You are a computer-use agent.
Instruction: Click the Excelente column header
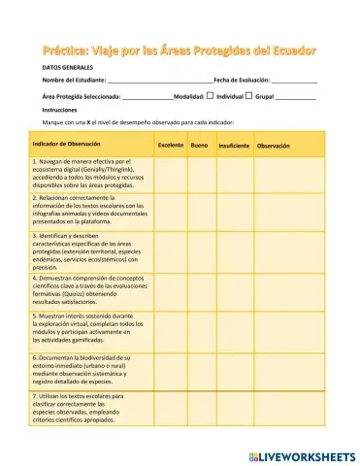(x=171, y=146)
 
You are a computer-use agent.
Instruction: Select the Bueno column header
(x=199, y=146)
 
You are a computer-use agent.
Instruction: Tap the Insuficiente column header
(x=233, y=146)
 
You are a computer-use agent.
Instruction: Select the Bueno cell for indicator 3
(x=199, y=250)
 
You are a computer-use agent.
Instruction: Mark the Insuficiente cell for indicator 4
(x=233, y=290)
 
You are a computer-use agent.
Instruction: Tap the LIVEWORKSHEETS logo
(x=302, y=453)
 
